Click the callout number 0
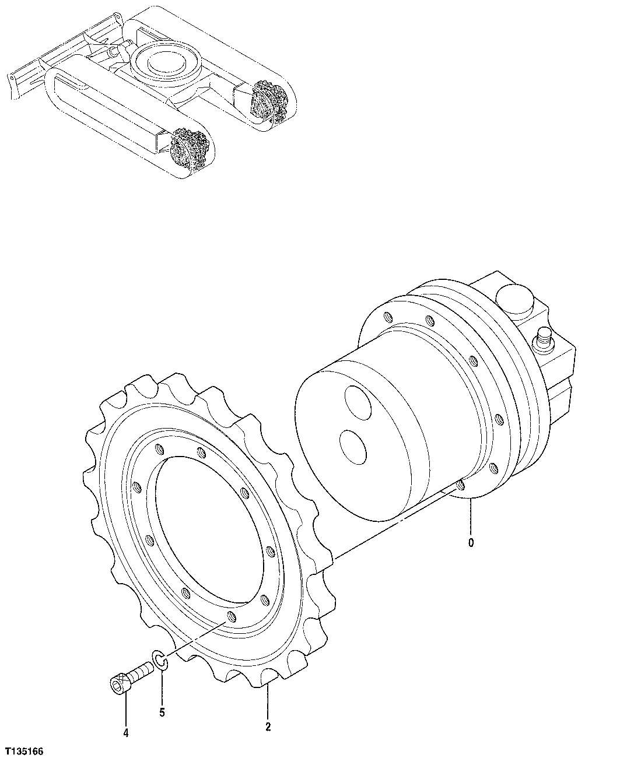471,543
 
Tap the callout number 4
126,733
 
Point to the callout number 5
162,712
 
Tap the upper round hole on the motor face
357,402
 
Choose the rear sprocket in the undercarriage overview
269,101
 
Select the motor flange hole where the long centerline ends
460,485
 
